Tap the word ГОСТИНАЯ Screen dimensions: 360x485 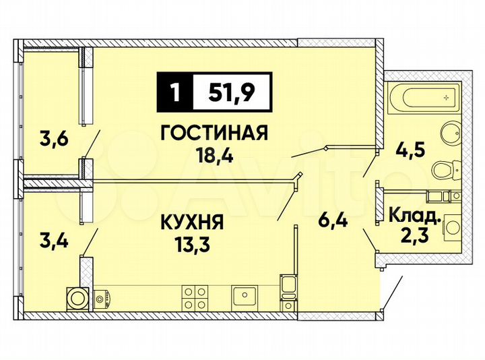pos(214,133)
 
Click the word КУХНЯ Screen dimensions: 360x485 pos(192,222)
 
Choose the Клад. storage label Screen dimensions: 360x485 pos(416,216)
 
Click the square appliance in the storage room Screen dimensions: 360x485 pos(451,230)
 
